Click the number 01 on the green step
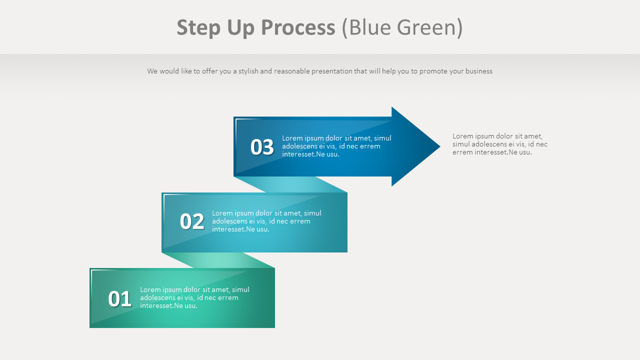point(119,299)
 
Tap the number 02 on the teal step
point(192,221)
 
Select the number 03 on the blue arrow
point(262,147)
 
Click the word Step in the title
point(198,28)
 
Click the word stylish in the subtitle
point(248,71)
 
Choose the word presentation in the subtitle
point(332,71)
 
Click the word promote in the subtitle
point(433,71)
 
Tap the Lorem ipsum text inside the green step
point(194,297)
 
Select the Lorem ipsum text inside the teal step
point(266,221)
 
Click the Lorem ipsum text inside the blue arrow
point(336,146)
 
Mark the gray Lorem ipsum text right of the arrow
point(499,144)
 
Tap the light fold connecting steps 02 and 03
point(290,184)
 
